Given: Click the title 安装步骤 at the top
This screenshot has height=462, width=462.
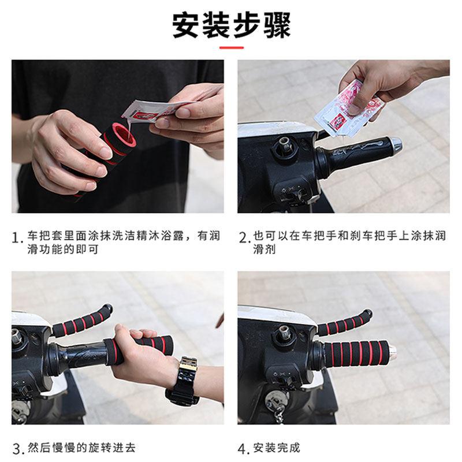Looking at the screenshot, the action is click(232, 25).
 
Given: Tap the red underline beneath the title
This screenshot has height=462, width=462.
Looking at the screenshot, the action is click(232, 47).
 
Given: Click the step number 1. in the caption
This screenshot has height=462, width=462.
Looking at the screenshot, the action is click(18, 238).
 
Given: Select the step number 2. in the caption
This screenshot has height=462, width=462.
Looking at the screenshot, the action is click(244, 238).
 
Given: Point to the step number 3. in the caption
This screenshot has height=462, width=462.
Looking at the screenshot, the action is click(18, 449).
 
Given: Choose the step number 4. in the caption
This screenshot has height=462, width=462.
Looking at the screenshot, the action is click(244, 449).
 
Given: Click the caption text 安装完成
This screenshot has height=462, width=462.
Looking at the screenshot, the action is click(277, 448).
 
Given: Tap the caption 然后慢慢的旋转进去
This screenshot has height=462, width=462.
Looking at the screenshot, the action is click(81, 448).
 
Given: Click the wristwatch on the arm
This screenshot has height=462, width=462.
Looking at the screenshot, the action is click(182, 380).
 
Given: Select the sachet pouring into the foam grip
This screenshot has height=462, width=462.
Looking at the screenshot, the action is click(156, 110).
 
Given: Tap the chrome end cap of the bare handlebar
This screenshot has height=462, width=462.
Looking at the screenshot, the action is click(394, 144).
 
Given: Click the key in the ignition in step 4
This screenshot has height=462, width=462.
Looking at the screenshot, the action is click(277, 406).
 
